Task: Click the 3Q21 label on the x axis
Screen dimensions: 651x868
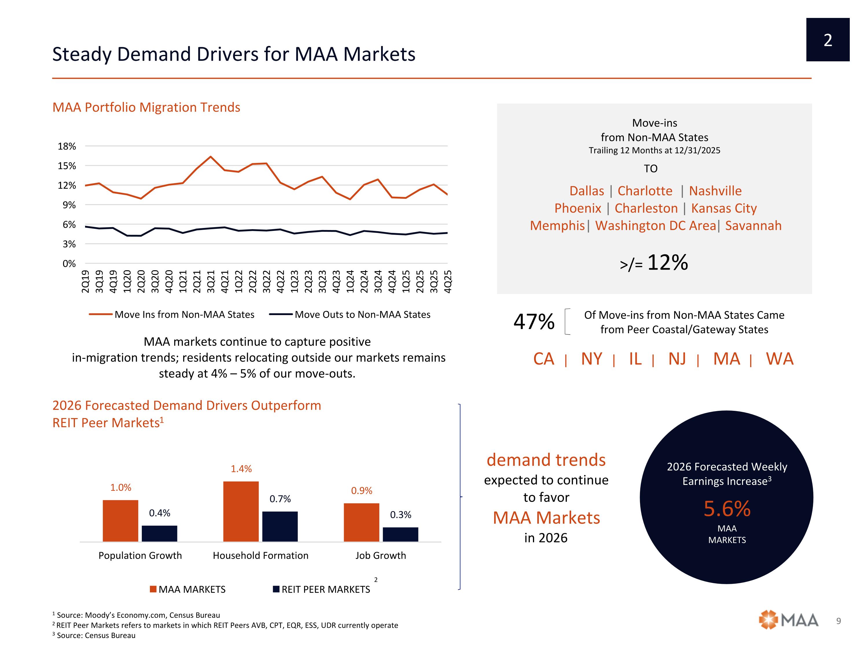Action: coord(211,281)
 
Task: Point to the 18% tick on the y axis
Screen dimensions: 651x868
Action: coord(67,146)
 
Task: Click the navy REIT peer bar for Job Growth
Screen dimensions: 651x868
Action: coord(400,534)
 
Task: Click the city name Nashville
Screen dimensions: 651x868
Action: coord(715,191)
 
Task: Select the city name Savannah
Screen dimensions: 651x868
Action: coord(753,226)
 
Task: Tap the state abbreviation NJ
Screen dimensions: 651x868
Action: coord(677,359)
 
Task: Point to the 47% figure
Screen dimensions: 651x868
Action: coord(534,321)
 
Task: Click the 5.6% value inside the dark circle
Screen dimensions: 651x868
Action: coord(727,509)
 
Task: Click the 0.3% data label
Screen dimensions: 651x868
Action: coord(400,514)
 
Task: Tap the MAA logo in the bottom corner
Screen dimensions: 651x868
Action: coord(788,620)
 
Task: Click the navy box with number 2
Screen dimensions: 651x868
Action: coord(827,40)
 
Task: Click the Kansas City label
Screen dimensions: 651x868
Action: coord(724,208)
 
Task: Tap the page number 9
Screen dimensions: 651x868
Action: coord(838,621)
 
